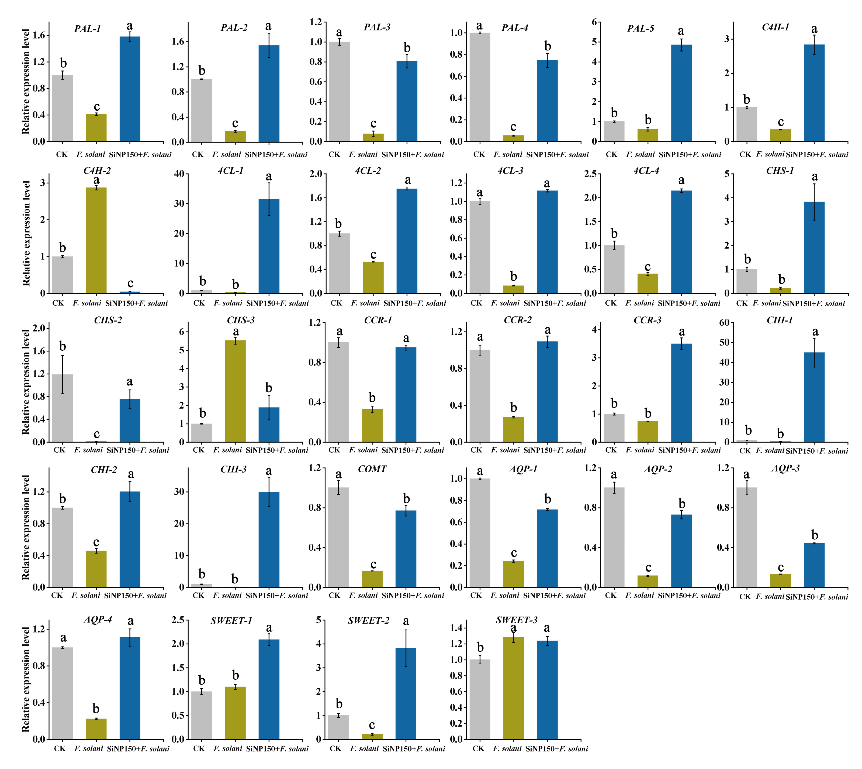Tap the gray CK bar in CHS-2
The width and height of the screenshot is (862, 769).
63,408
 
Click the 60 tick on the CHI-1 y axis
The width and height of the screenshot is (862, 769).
724,323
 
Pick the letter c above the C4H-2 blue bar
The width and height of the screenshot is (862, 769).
130,283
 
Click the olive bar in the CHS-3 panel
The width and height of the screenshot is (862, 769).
235,391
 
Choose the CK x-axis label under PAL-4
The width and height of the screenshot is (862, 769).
479,155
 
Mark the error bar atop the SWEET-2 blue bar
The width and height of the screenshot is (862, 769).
406,648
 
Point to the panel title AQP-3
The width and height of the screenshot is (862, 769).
785,468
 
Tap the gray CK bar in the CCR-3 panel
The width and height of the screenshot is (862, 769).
614,428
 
